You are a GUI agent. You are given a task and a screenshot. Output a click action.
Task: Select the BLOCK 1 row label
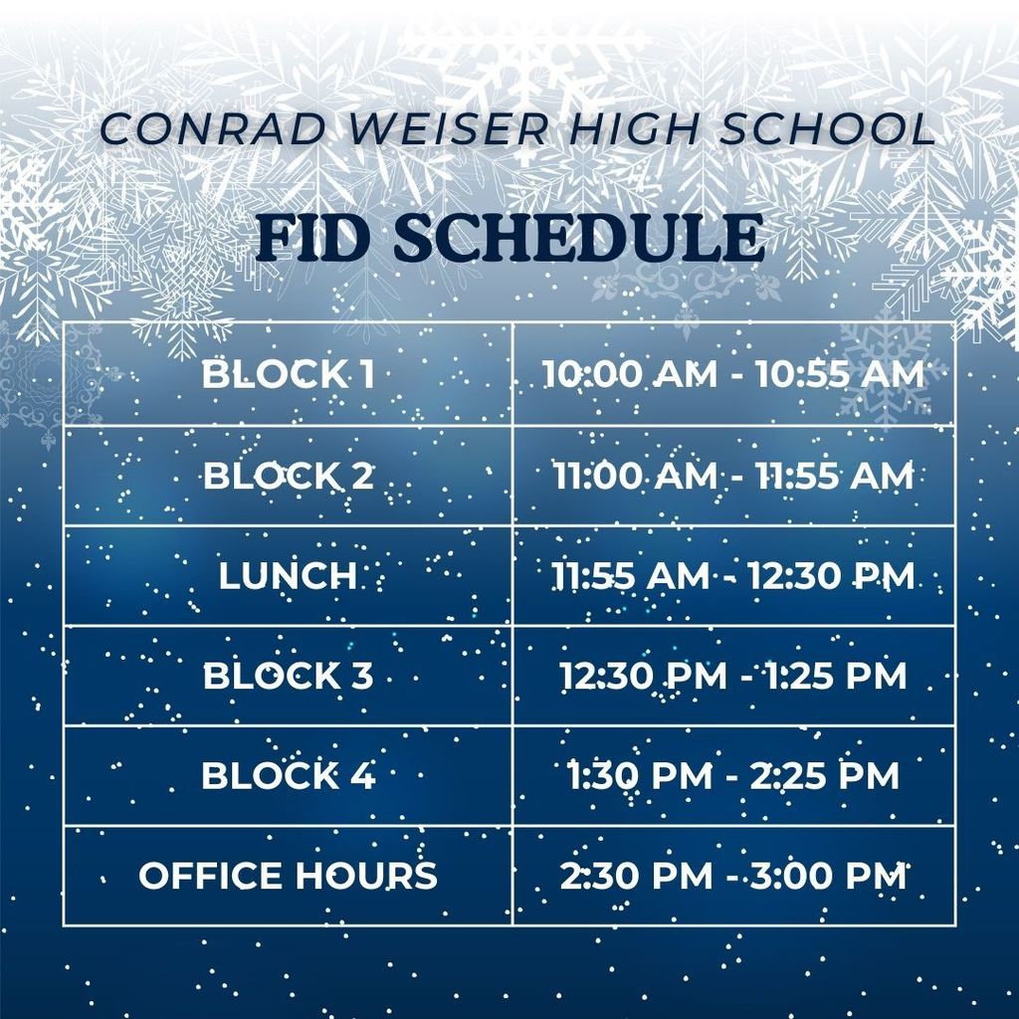tap(289, 375)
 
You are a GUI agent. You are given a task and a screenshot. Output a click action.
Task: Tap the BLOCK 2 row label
tap(289, 476)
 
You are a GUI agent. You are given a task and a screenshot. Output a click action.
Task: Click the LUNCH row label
tap(288, 576)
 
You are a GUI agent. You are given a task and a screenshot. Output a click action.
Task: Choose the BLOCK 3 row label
tap(289, 677)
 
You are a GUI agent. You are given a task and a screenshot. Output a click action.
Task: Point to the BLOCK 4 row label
tap(289, 776)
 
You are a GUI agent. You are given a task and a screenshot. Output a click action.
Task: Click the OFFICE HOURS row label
tap(288, 876)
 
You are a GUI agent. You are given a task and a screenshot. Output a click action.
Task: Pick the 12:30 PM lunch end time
tap(832, 576)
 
